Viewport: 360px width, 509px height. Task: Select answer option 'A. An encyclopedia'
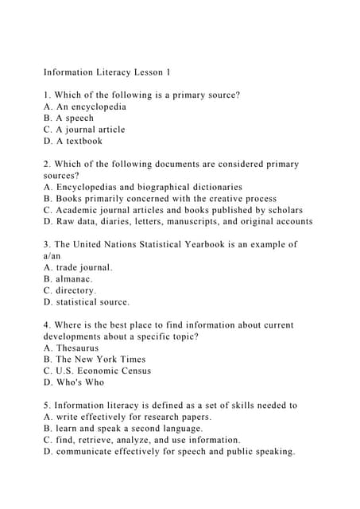pos(85,107)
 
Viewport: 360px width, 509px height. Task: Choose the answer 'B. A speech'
pos(69,118)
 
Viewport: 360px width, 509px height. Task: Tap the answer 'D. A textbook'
pos(73,141)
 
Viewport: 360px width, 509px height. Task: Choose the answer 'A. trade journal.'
pos(78,267)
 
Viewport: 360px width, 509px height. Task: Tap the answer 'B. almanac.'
pos(68,279)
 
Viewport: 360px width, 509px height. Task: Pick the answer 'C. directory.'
pos(71,290)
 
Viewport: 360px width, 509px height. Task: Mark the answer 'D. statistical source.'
pos(87,302)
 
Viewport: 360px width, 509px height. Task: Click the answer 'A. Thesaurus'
pos(72,348)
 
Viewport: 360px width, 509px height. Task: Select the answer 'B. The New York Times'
pos(95,359)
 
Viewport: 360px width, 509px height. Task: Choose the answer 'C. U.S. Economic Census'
pos(97,371)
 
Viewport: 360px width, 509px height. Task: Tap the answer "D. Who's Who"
pos(74,382)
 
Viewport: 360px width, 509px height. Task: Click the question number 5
pos(47,405)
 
